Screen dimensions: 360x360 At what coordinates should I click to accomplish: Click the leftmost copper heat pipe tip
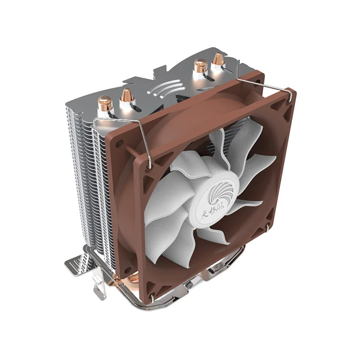click(105, 103)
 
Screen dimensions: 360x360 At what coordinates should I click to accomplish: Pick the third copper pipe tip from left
click(199, 65)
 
